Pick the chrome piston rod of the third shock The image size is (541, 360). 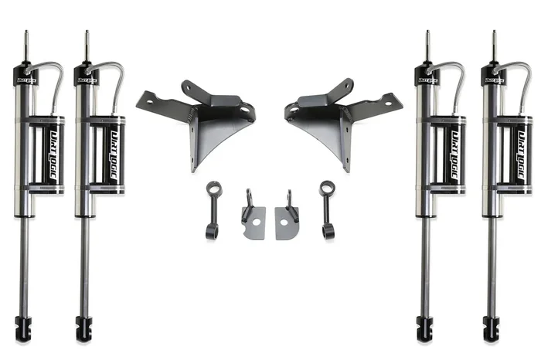coord(424,263)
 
